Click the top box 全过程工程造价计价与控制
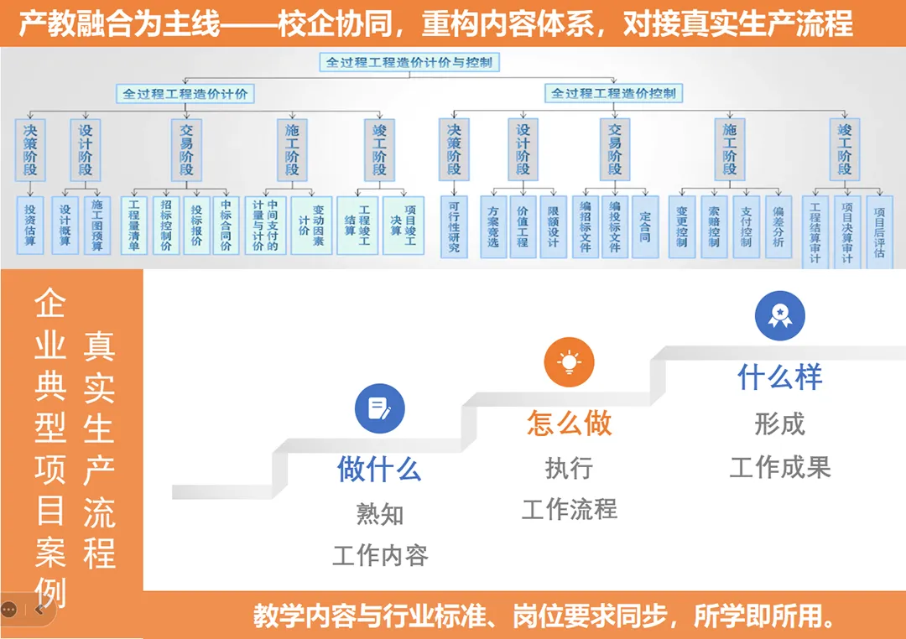tap(410, 62)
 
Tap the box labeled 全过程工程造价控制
tap(613, 93)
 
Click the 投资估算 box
tap(30, 225)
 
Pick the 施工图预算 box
tap(97, 225)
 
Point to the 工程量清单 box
tap(134, 225)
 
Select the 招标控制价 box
tap(166, 225)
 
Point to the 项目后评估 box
tap(878, 231)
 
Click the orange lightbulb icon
tap(570, 361)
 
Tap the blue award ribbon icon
tap(780, 315)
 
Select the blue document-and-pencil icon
tap(380, 409)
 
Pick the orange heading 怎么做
tap(570, 423)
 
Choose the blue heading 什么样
tap(780, 377)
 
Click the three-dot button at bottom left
tap(9, 610)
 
